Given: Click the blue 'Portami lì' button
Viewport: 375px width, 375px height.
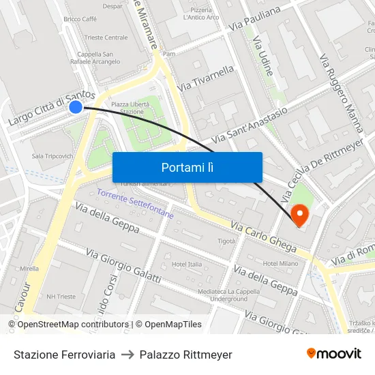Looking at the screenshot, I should (x=187, y=167).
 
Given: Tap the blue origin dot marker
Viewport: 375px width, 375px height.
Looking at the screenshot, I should (x=76, y=106).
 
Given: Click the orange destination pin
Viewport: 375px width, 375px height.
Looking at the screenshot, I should (x=299, y=215).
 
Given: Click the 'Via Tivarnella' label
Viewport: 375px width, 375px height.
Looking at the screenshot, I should (x=205, y=78).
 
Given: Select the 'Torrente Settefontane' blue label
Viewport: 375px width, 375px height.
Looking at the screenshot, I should (x=135, y=204).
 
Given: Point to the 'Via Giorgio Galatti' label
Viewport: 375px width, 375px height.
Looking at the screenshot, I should (x=123, y=267).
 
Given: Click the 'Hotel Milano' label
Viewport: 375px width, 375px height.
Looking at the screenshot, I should (x=280, y=263).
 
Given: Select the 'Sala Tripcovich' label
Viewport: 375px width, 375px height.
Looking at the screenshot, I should (x=52, y=156).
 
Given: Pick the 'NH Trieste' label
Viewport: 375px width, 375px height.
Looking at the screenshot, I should (x=61, y=297).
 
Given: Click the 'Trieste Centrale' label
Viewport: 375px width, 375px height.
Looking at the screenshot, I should (x=106, y=37).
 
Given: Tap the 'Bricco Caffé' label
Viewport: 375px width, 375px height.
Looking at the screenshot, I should (x=80, y=19).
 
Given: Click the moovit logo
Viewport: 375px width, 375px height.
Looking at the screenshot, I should (x=333, y=353).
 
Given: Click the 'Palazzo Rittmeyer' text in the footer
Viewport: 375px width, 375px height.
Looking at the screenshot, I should (x=185, y=355).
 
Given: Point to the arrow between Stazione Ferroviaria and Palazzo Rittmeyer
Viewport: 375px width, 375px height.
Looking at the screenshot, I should (x=127, y=355).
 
